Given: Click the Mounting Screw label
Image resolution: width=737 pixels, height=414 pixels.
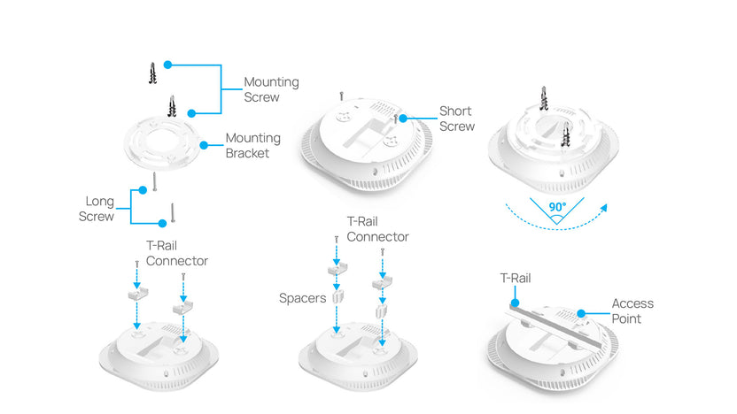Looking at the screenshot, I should click(271, 89).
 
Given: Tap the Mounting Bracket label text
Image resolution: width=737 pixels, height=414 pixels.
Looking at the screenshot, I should click(252, 145).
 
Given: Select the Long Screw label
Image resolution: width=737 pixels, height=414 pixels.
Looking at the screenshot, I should click(97, 209).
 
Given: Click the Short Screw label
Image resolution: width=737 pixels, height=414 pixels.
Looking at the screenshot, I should click(457, 119).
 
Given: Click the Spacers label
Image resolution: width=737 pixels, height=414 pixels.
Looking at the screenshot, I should click(304, 298).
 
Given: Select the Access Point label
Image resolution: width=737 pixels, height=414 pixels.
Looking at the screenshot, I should click(632, 310).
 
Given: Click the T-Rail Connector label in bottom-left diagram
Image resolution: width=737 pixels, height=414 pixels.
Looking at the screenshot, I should click(177, 254).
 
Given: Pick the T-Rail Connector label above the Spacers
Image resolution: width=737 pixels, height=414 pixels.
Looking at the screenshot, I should click(378, 229).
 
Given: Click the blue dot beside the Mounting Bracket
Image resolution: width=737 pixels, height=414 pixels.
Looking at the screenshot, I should click(205, 145).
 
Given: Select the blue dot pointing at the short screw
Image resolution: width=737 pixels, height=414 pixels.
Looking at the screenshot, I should click(402, 118).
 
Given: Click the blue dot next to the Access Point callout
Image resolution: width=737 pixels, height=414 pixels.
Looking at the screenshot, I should click(579, 311).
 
